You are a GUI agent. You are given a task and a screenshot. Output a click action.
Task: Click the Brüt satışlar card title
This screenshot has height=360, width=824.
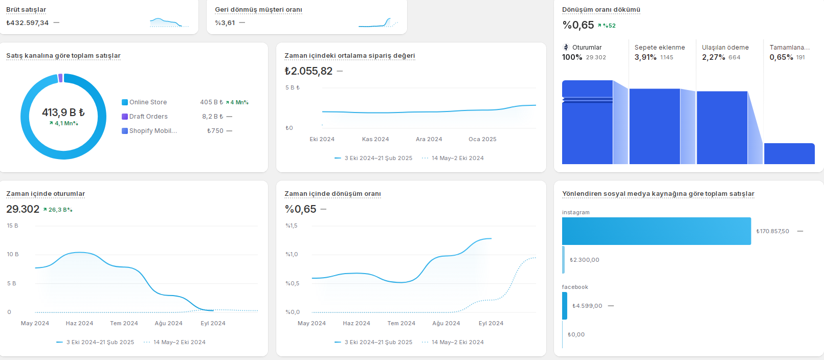[x=26, y=10]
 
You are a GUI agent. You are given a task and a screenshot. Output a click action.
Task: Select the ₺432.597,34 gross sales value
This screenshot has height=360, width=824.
[x=28, y=23]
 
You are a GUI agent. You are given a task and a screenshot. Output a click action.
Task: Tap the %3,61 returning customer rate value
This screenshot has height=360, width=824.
[x=225, y=23]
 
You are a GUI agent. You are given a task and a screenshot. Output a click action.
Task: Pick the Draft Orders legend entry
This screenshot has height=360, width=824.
[x=145, y=117]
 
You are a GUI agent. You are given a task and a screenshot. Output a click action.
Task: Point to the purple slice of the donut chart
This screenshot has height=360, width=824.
[x=60, y=78]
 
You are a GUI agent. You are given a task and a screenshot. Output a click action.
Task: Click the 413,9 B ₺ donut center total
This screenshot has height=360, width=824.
[x=63, y=112]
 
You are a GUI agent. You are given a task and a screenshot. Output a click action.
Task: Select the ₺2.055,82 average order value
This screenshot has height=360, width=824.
[x=308, y=71]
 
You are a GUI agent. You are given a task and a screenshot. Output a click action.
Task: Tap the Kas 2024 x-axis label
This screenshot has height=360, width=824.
[x=375, y=140]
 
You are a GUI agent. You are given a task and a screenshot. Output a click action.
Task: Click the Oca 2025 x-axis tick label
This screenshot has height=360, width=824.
[x=482, y=140]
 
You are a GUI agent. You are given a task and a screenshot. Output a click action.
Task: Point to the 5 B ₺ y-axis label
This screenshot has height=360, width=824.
[x=293, y=87]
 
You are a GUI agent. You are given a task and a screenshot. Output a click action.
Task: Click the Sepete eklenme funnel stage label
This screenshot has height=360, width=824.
[x=660, y=48]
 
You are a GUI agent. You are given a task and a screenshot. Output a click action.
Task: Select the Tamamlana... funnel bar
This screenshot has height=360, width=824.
[x=789, y=154]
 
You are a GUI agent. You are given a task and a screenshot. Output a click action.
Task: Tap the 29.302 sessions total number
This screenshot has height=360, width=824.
[x=23, y=209]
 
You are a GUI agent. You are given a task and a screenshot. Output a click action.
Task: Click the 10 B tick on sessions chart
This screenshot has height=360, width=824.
[x=12, y=255]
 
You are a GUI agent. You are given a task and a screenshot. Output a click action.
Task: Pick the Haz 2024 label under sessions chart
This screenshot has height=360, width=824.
[x=79, y=323]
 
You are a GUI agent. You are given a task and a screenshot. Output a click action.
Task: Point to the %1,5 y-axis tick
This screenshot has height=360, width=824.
[x=292, y=226]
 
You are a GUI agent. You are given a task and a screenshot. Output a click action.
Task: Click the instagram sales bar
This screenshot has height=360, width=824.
[x=657, y=231]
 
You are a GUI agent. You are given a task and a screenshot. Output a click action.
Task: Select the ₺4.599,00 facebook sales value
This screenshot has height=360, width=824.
[x=587, y=306]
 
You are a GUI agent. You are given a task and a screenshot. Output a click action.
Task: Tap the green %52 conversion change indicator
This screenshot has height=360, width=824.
[x=607, y=26]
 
